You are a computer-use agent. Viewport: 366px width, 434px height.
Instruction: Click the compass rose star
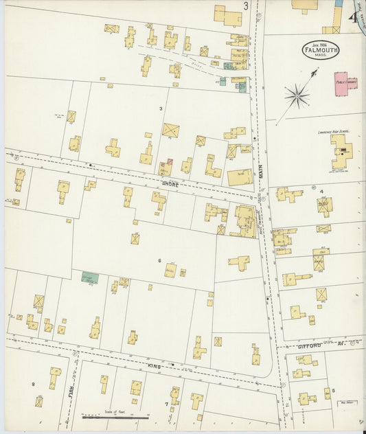tap(297, 95)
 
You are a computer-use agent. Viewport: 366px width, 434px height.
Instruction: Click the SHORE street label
tap(171, 184)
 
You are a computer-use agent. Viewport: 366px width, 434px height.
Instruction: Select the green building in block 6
tap(89, 279)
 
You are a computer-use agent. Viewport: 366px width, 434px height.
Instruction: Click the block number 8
tap(33, 383)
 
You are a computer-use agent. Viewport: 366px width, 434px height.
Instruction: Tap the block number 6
tap(159, 261)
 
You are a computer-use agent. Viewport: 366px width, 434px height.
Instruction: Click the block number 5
tap(334, 390)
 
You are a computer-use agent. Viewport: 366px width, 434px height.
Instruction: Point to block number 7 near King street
tap(166, 403)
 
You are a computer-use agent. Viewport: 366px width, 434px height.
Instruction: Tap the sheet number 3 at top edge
tap(245, 6)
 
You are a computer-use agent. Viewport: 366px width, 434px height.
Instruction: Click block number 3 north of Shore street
tap(161, 108)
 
